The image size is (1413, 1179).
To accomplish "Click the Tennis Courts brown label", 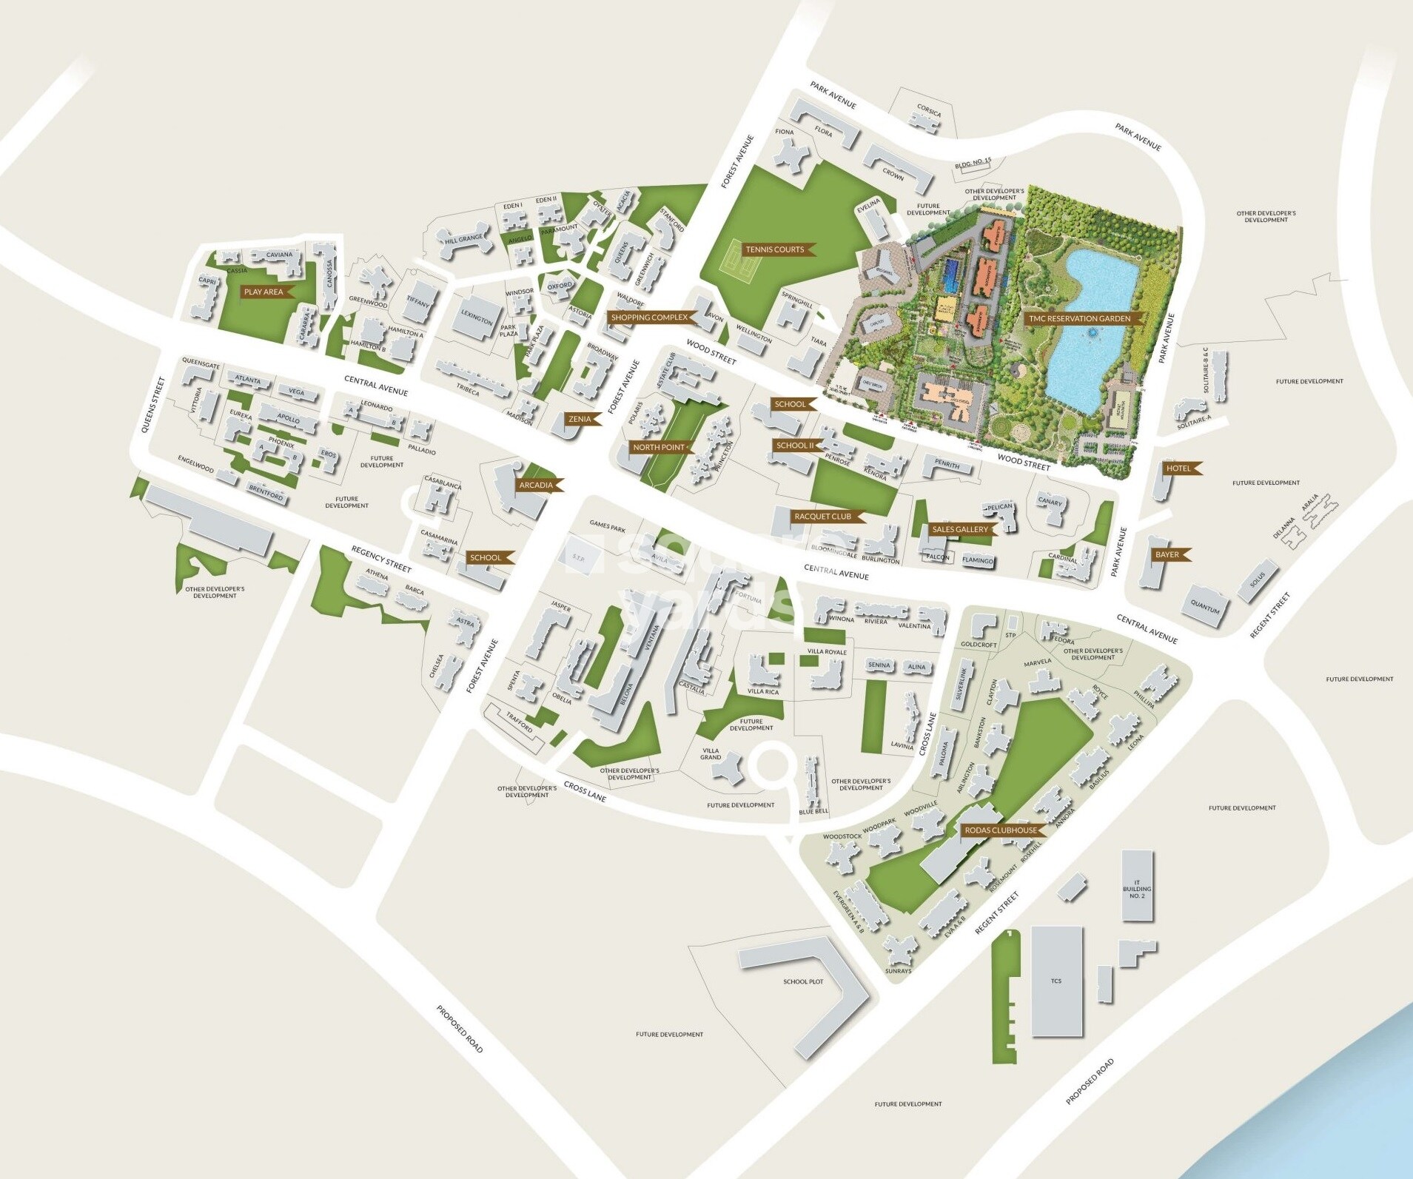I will (x=775, y=249).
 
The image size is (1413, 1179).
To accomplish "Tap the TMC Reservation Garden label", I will (x=1079, y=319).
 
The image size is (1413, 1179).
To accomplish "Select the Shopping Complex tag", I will (x=649, y=318).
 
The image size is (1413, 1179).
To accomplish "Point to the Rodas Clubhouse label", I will (x=1000, y=830).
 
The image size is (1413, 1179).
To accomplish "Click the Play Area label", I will (x=264, y=292).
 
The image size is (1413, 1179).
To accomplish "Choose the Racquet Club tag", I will (x=822, y=517).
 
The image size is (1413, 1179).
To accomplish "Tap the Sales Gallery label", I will (x=959, y=529).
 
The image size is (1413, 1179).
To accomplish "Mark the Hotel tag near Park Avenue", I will (x=1178, y=468).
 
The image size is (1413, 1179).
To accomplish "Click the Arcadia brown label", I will (x=535, y=486).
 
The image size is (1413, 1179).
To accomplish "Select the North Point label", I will (x=659, y=447).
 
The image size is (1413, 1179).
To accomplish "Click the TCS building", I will (x=1056, y=981).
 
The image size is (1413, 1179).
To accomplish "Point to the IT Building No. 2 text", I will (x=1137, y=889).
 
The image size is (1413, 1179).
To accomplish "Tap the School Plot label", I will (x=803, y=981).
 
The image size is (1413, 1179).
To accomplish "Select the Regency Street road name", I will (x=381, y=559).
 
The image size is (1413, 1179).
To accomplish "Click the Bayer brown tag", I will (x=1167, y=554).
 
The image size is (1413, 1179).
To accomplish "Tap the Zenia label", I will (x=580, y=419).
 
